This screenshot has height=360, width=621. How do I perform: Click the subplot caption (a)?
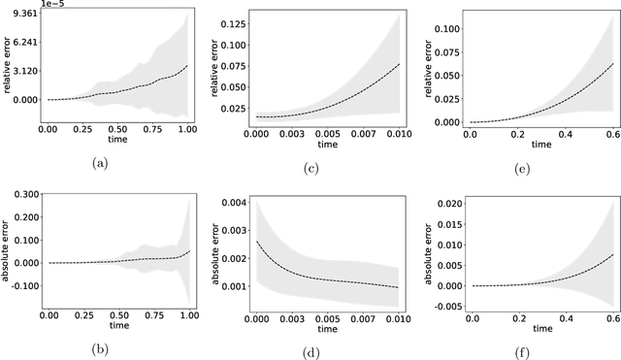click(x=100, y=162)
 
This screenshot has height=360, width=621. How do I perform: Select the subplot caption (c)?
click(x=310, y=168)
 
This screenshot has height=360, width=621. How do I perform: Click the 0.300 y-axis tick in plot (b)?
click(x=24, y=195)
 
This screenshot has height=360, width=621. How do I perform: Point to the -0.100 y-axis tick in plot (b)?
click(x=22, y=286)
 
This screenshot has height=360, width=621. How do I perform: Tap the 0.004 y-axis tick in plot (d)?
click(x=234, y=202)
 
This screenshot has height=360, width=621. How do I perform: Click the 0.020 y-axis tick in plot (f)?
click(x=445, y=202)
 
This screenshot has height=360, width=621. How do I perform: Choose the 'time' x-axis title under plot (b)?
click(x=101, y=327)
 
